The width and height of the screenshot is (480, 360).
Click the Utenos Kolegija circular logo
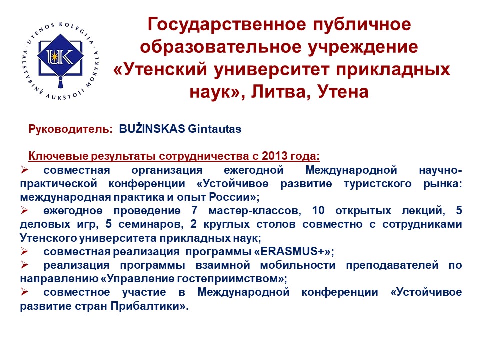pyautogui.click(x=61, y=61)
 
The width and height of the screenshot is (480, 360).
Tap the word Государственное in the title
pyautogui.click(x=227, y=25)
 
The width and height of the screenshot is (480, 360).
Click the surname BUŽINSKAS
pyautogui.click(x=152, y=128)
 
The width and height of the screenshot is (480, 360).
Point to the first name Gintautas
pyautogui.click(x=215, y=129)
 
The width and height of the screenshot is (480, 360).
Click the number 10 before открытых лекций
pyautogui.click(x=318, y=210)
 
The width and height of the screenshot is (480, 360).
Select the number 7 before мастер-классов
pyautogui.click(x=194, y=210)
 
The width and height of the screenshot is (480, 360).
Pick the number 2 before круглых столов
pyautogui.click(x=193, y=224)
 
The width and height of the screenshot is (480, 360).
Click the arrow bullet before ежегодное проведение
pyautogui.click(x=25, y=210)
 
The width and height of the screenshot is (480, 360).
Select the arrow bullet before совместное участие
pyautogui.click(x=25, y=292)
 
